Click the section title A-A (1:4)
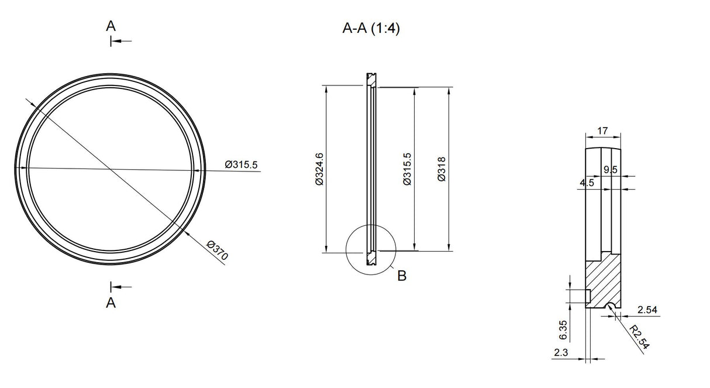[371, 29]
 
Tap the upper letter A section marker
[111, 26]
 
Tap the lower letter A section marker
[111, 303]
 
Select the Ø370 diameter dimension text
[217, 250]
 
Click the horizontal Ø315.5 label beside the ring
[241, 164]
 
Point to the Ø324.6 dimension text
[319, 169]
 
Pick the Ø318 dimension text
[442, 169]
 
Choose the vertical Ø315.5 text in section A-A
[407, 169]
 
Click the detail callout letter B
[401, 276]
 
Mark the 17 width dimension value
[602, 132]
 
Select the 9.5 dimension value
[610, 170]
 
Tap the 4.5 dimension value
[587, 183]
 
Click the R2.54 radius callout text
[639, 338]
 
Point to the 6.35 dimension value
[564, 329]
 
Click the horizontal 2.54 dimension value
[649, 309]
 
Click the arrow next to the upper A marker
[122, 41]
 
